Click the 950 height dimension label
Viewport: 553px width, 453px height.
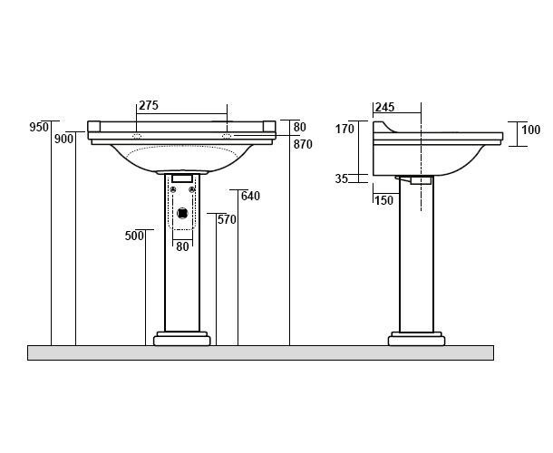[39, 127]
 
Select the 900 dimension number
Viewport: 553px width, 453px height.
[63, 139]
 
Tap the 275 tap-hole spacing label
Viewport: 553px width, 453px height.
[149, 105]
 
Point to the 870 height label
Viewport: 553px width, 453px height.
[303, 144]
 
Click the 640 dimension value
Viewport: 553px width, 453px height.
[250, 196]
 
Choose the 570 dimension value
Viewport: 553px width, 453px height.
[227, 219]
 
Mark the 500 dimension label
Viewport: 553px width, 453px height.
[134, 236]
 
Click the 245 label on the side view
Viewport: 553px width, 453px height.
[384, 107]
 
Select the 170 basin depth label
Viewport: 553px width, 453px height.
[344, 130]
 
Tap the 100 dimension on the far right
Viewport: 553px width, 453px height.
[530, 130]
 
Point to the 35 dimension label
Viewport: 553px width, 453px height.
[342, 178]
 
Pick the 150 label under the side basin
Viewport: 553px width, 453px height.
[383, 200]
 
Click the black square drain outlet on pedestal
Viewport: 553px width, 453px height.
[182, 213]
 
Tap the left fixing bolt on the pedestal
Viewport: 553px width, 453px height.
[173, 189]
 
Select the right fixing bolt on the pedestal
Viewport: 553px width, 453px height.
[192, 189]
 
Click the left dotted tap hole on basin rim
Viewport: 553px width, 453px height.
[137, 136]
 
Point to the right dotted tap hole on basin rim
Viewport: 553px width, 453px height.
[227, 136]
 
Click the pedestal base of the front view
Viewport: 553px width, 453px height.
[182, 339]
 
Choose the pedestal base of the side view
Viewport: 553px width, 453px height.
[416, 339]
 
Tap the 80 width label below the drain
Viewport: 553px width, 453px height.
[182, 246]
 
